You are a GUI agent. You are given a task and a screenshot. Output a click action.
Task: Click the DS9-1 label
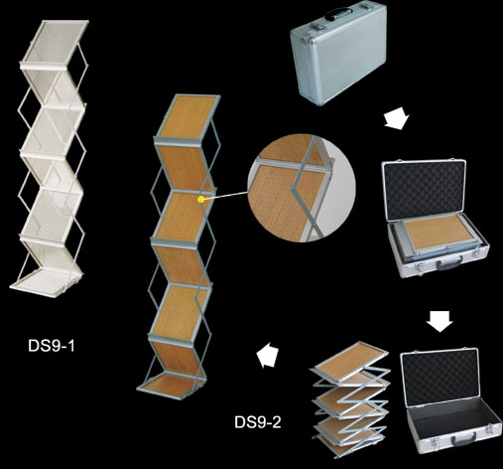[x=52, y=346]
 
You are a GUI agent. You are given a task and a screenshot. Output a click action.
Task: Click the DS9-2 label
[x=258, y=422]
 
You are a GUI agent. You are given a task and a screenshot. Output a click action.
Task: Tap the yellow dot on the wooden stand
[x=200, y=199]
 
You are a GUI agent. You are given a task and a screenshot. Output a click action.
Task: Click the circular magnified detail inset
[x=302, y=188]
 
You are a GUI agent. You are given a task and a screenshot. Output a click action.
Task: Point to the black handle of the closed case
[x=338, y=13]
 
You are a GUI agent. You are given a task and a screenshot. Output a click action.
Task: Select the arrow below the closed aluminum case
[x=397, y=118]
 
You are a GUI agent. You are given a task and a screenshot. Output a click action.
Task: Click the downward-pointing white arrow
[x=440, y=321]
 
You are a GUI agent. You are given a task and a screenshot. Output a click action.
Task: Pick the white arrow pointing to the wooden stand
[x=268, y=355]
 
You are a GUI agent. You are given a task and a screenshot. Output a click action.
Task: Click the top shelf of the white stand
[x=55, y=44]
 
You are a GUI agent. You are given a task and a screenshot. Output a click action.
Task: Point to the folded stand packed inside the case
[x=439, y=237]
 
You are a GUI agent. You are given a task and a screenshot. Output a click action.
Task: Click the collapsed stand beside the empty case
[x=350, y=399]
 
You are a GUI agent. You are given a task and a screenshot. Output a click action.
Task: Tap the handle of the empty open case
[x=464, y=439]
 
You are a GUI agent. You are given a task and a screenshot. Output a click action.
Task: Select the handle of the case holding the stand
[x=449, y=263]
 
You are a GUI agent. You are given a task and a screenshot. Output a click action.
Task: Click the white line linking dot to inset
[x=225, y=196]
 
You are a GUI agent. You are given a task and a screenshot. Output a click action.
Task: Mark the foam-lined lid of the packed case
[x=425, y=191]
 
